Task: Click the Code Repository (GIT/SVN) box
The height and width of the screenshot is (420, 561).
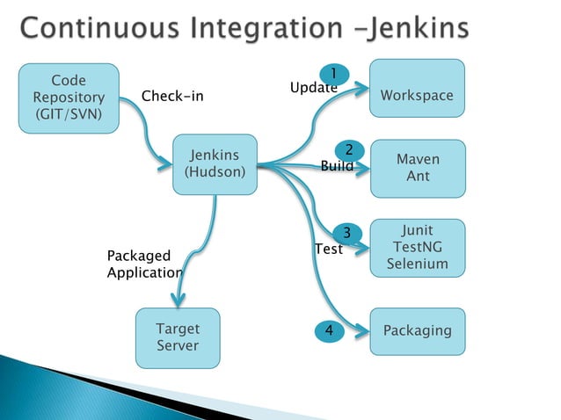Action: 69,98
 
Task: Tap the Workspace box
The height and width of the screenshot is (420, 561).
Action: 417,88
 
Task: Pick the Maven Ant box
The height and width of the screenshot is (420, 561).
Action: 417,168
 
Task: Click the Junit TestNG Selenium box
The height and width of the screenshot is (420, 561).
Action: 417,248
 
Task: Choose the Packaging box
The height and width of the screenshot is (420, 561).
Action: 417,331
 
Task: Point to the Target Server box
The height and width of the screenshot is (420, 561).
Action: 178,337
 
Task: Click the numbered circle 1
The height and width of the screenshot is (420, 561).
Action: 334,73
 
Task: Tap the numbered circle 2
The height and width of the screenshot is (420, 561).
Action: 348,149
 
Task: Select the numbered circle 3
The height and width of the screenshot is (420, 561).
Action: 347,233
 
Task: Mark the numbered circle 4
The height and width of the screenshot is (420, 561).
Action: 329,331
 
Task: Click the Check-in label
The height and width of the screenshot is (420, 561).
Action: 172,96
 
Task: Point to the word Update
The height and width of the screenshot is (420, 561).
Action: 314,88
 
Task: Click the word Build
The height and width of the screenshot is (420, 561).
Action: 337,165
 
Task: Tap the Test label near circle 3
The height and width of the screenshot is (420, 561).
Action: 328,249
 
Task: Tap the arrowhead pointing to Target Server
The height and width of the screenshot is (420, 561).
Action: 177,299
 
